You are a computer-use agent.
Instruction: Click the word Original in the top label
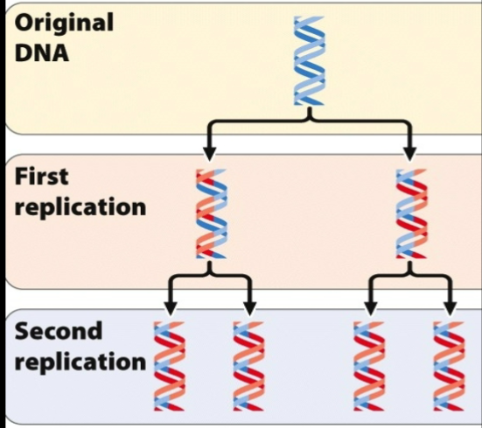(x=64, y=23)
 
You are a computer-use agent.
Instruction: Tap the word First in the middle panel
(x=41, y=175)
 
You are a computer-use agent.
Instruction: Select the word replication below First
(x=80, y=207)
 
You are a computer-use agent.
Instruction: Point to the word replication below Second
(x=80, y=362)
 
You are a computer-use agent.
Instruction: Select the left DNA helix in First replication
(x=211, y=214)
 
